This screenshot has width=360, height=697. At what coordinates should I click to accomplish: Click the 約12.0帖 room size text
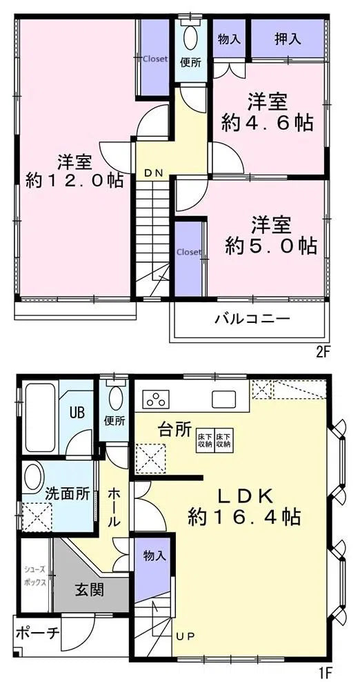[74, 181]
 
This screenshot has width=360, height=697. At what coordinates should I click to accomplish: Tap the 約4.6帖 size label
[268, 123]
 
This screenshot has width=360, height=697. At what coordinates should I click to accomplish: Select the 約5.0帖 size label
[271, 246]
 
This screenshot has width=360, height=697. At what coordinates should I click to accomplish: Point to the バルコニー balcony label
[252, 319]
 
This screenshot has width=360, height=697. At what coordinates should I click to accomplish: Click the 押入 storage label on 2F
[288, 39]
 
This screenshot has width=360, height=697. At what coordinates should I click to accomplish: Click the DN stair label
[153, 174]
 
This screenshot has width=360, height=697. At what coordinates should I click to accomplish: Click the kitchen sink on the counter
[223, 400]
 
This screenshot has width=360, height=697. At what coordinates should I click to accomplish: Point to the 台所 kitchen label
[174, 429]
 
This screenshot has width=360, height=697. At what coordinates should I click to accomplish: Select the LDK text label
[247, 495]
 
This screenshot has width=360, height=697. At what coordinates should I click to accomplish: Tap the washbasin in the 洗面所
[32, 475]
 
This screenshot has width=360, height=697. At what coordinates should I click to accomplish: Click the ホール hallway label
[114, 507]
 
